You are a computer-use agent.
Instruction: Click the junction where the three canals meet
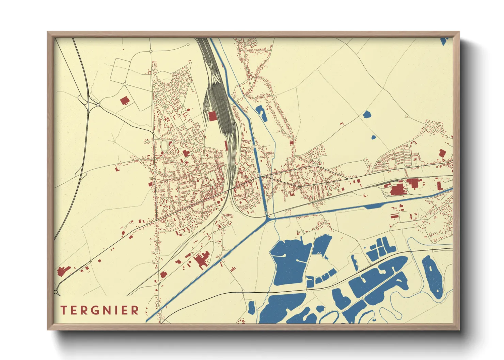pos(267,217)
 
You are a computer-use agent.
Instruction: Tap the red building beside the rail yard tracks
pos(212,116)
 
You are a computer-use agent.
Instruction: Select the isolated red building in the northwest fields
pos(125,100)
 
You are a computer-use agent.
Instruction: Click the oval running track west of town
pos(164,147)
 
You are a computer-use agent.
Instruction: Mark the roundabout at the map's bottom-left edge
pos(56,292)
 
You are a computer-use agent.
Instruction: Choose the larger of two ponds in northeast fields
pos(367,114)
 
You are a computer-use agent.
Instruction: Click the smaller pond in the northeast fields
pos(373,138)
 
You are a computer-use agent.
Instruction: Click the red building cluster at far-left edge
pos(62,271)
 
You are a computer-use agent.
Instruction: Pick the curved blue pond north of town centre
pos(261,113)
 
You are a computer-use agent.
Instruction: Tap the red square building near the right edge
pos(442,153)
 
